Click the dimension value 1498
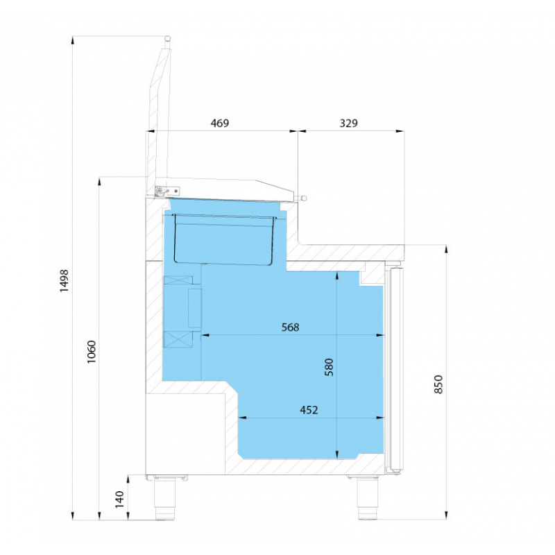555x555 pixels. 64,281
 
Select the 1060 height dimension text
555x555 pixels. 92,352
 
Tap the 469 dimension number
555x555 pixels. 220,123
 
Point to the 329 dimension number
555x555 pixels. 349,123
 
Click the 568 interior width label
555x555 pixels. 290,327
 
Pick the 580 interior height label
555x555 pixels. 329,367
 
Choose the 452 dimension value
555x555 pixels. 309,410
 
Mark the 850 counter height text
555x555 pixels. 438,384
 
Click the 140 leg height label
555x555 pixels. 119,499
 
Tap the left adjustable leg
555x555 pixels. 165,497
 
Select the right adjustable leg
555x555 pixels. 368,497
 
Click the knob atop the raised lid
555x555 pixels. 167,38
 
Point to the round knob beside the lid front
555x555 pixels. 304,198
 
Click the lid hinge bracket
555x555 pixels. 167,191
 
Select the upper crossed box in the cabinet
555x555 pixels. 178,280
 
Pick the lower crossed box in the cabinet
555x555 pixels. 178,339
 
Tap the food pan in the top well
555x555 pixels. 223,239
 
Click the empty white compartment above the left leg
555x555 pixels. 185,434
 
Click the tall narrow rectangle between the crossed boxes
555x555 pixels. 195,308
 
